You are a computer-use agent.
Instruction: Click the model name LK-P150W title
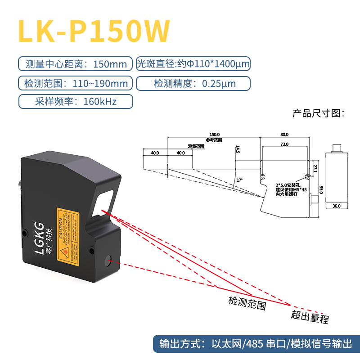coord(94,31)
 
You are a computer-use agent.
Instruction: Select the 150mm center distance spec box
coord(75,64)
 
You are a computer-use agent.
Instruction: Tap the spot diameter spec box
coord(193,64)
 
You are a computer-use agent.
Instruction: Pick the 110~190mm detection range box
coord(75,83)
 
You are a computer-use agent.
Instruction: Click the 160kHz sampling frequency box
coord(75,101)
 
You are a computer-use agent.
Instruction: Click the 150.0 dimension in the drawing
coord(214,134)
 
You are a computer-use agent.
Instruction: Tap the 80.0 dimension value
coord(284,134)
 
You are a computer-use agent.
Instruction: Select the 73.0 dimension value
coord(284,144)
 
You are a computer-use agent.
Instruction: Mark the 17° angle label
coord(239,180)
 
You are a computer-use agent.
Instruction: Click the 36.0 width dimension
coord(336,206)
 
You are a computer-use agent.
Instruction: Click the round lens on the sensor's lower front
coord(108,259)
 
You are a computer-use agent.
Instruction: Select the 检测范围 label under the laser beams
coord(247,303)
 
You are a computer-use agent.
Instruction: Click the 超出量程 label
coord(310,317)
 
